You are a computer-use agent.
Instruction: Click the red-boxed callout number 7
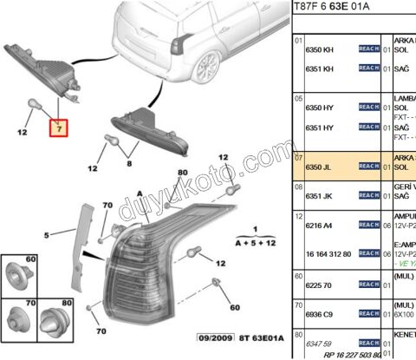click(x=58, y=129)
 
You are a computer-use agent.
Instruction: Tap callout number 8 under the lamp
click(x=130, y=162)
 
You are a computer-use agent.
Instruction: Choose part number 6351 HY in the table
click(x=320, y=128)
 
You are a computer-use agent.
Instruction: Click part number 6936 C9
click(x=320, y=313)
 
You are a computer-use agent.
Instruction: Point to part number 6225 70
click(x=320, y=284)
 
